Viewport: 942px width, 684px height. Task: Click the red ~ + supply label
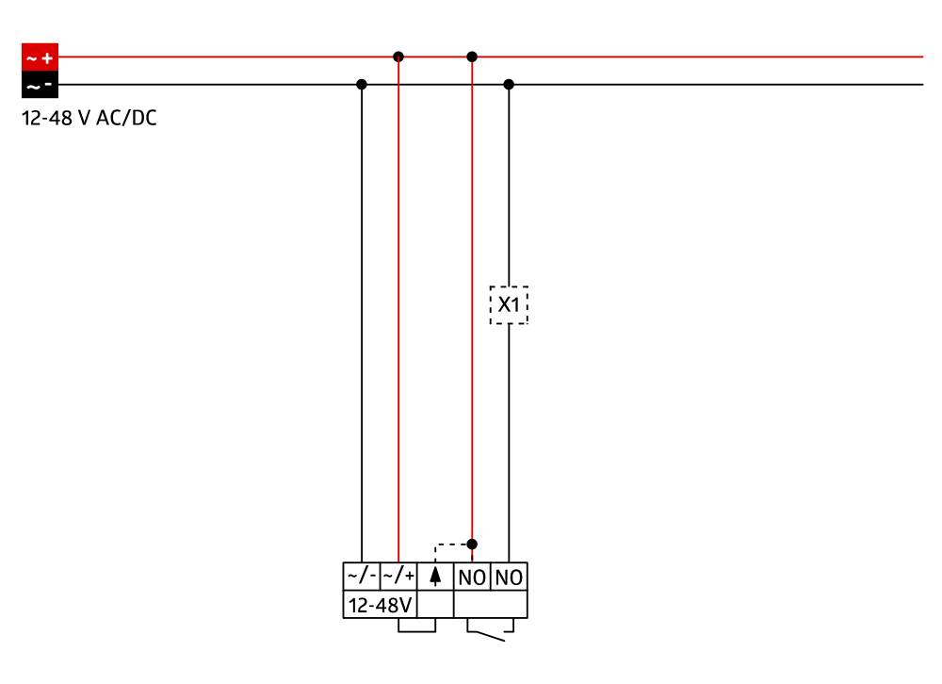pos(40,57)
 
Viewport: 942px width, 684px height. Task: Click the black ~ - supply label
pos(40,86)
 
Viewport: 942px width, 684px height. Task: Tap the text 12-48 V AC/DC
pos(89,121)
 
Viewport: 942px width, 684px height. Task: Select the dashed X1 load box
pos(509,305)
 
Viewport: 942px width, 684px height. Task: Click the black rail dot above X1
pos(509,84)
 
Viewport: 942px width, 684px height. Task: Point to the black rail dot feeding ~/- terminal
pos(362,84)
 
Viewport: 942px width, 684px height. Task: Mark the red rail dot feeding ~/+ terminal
pos(398,57)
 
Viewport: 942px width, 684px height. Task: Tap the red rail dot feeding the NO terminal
pos(472,57)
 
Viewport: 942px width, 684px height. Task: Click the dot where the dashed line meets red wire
pos(472,544)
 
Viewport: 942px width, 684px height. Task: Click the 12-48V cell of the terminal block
pos(381,604)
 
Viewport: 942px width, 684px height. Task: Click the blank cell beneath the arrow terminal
pos(435,604)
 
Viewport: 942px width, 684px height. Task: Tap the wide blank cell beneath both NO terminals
pos(490,604)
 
